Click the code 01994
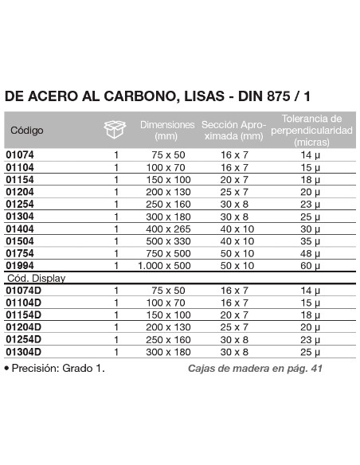pos(20,264)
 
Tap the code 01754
pos(20,252)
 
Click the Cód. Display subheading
pos(36,278)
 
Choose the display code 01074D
pos(23,291)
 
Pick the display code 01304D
pos(23,351)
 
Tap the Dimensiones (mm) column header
pos(167,131)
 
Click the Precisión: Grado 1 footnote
pos(56,369)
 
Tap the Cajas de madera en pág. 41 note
pos(256,369)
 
